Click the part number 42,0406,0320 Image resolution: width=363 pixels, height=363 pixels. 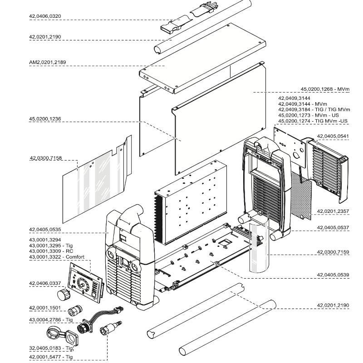tap(44, 16)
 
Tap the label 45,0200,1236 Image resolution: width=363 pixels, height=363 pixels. tap(44, 119)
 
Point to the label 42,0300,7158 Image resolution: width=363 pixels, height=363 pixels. tap(45, 158)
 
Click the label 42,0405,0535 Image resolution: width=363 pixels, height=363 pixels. tap(44, 230)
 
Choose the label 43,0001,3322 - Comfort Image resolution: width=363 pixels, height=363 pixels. tap(56, 257)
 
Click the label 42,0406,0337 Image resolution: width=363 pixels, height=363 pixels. tap(44, 284)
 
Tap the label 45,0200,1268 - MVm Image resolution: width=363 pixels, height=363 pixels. tap(325, 89)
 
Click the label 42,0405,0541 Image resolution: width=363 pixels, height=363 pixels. tap(333, 136)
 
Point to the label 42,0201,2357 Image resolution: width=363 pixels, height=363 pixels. tap(333, 211)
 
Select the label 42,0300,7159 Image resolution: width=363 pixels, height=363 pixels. tap(333, 251)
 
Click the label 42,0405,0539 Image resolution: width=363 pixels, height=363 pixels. tap(333, 275)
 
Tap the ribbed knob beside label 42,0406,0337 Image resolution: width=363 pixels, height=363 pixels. tap(69, 295)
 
